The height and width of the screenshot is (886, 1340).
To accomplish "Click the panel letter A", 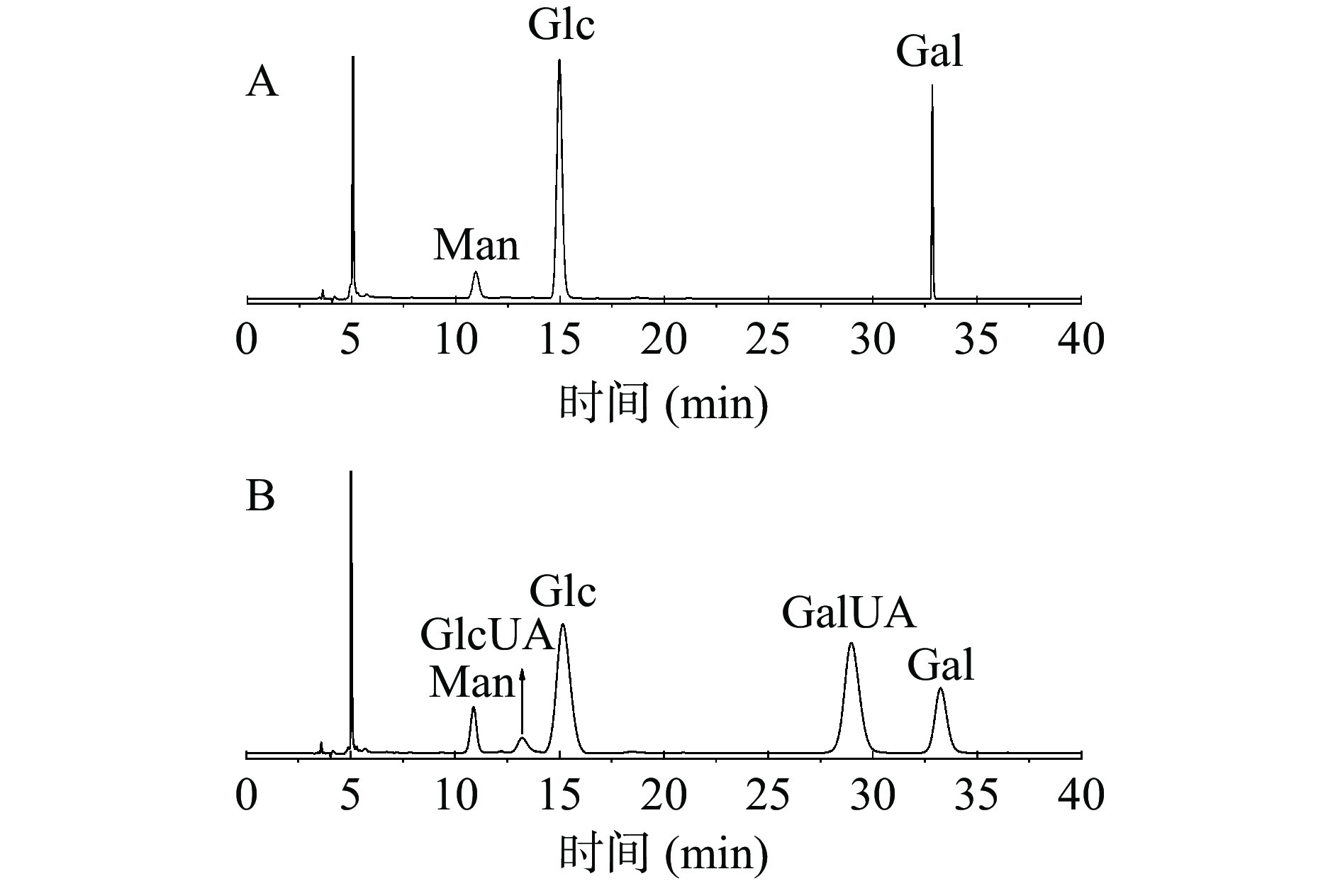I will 262,83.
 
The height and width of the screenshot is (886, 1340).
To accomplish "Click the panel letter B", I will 260,497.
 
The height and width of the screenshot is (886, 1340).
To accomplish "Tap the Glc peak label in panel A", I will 561,25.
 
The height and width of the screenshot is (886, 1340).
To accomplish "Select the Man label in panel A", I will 476,246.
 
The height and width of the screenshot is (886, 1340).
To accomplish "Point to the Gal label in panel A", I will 929,52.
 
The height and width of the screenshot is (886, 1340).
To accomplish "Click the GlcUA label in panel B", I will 486,634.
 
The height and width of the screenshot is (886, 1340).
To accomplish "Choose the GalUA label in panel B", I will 849,613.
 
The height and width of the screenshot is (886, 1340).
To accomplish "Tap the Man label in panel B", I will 471,683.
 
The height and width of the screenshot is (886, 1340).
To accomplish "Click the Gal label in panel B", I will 941,666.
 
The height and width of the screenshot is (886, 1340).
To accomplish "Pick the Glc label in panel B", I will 563,592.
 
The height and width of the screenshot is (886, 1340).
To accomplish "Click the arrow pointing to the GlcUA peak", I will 522,702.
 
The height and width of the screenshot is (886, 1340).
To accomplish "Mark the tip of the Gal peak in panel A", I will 932,87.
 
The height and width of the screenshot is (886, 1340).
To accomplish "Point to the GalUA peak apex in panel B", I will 851,644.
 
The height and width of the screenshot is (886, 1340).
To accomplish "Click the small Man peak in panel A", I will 476,274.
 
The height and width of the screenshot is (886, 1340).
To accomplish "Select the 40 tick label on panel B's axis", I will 1081,795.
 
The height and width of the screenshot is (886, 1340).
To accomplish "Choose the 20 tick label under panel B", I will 664,795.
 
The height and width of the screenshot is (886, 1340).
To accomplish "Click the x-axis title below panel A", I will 664,403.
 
